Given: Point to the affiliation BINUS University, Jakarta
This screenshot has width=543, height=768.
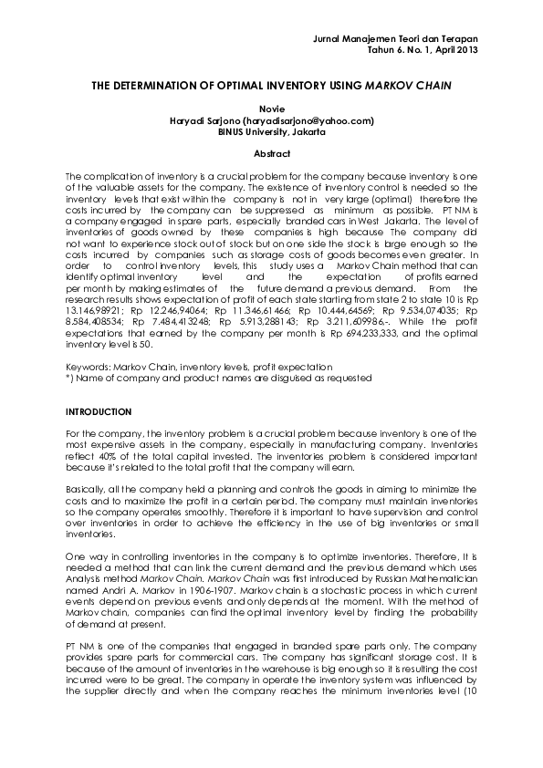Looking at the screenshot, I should pos(271,131).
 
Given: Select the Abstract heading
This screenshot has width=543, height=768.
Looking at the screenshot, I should pos(271,154).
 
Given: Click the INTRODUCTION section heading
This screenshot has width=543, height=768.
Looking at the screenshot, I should pos(99,412).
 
